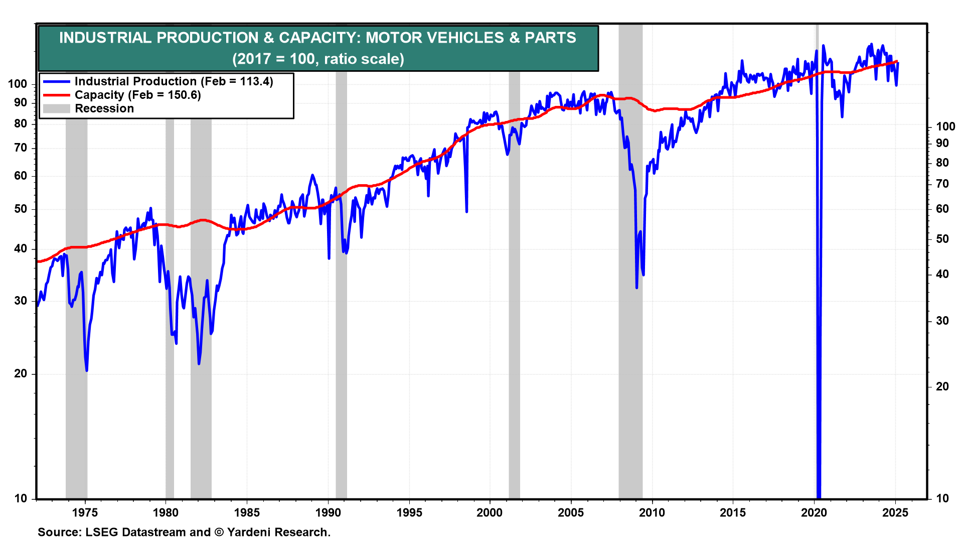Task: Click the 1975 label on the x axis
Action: (x=85, y=512)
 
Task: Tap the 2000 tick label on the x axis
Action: (x=490, y=512)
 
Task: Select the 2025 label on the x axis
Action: (x=895, y=512)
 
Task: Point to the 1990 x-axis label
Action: (x=328, y=512)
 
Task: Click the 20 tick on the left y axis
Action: (x=21, y=374)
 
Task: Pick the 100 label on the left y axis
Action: (x=18, y=84)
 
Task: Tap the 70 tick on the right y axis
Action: (x=942, y=184)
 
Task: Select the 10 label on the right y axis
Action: (x=942, y=498)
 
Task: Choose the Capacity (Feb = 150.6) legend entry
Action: (x=137, y=95)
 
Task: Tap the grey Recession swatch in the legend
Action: (x=56, y=108)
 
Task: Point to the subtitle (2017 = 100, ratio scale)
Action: (x=318, y=59)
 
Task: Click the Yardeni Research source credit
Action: (x=278, y=532)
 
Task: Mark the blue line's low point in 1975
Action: (x=87, y=370)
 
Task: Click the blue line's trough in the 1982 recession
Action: (x=199, y=363)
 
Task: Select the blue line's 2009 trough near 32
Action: (x=636, y=288)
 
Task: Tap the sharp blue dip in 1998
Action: (x=466, y=211)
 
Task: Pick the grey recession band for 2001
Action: (x=514, y=301)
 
